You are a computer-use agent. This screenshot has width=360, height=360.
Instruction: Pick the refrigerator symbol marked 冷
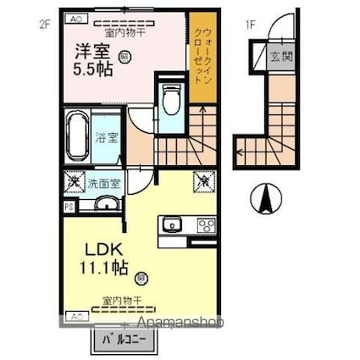[205, 180]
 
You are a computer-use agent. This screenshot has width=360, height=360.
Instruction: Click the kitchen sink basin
[173, 224]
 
